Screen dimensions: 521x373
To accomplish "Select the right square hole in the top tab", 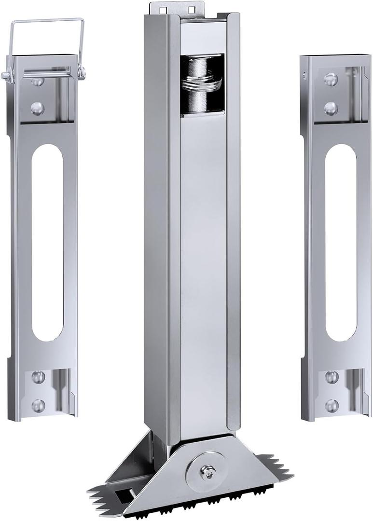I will [191, 9].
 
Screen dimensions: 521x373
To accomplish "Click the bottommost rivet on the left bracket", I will [38, 405].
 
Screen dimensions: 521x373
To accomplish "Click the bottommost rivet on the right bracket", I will [332, 405].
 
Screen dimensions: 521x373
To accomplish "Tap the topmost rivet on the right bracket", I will [331, 79].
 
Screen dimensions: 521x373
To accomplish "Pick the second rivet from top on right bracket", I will [331, 108].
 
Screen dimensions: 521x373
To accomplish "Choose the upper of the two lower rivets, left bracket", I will [38, 377].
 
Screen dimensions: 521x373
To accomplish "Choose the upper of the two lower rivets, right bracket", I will [332, 377].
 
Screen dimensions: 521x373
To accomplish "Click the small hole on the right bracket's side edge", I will [304, 75].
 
